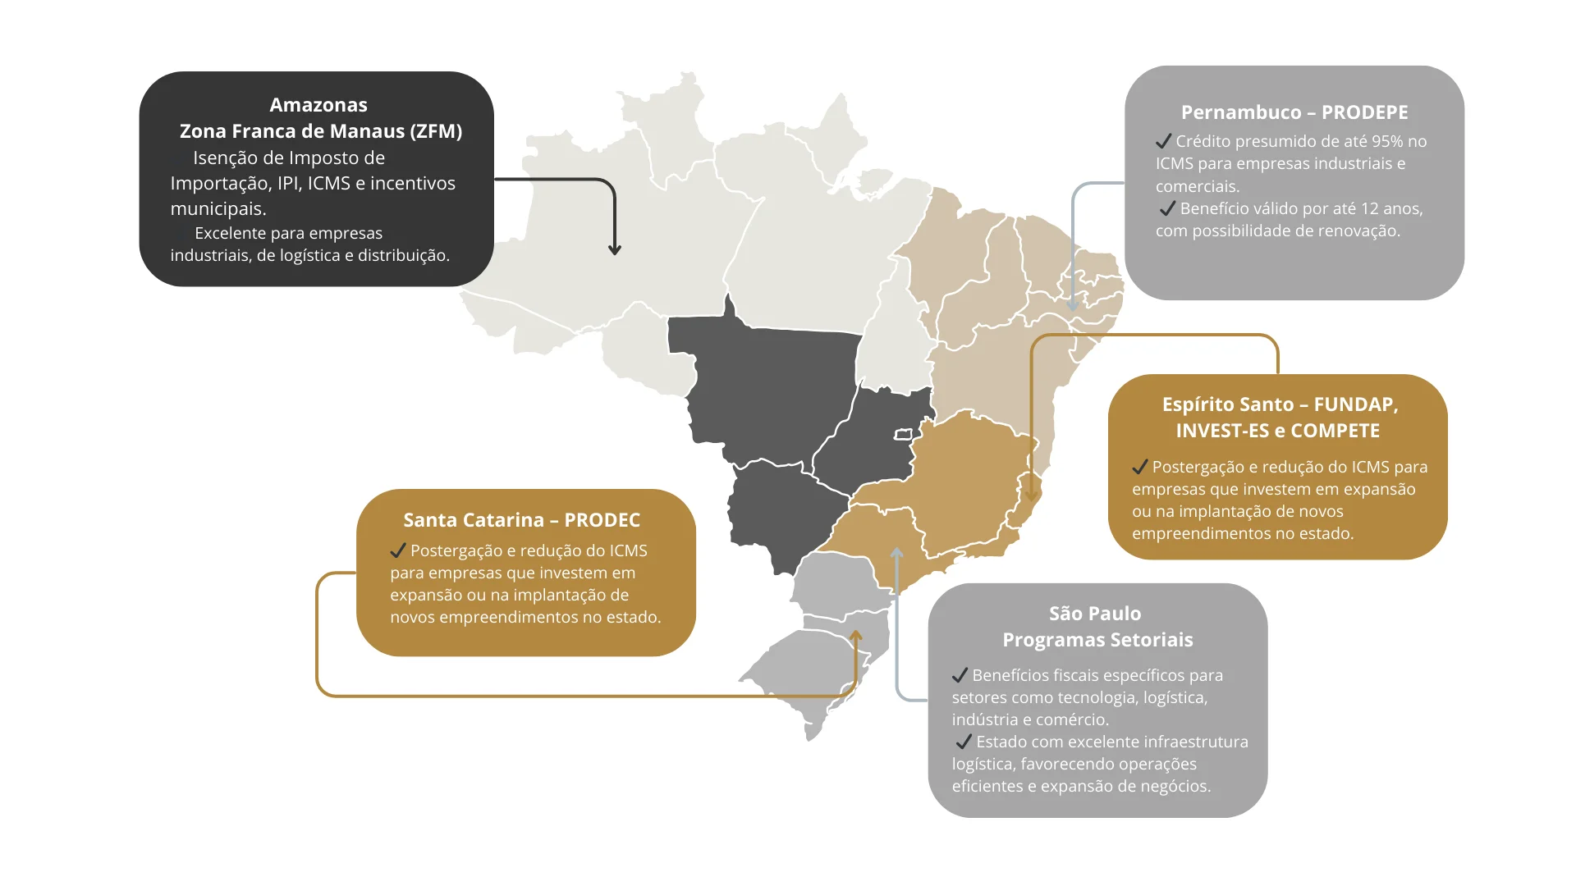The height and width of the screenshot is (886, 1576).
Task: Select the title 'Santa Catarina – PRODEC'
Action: click(x=521, y=520)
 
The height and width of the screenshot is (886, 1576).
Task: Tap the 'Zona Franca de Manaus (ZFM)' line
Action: click(x=320, y=131)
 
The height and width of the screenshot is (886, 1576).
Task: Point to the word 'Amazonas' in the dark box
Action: click(x=318, y=105)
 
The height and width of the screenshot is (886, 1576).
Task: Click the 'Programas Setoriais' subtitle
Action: click(x=1097, y=640)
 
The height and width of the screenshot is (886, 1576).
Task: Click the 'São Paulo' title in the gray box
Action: click(x=1094, y=614)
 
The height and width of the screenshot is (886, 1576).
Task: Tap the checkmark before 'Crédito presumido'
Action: click(x=1163, y=141)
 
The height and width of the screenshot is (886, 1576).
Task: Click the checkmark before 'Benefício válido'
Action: click(x=1167, y=208)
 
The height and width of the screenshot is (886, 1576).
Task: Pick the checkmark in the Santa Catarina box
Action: click(x=398, y=550)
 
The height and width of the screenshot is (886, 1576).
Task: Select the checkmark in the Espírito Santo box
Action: click(x=1139, y=467)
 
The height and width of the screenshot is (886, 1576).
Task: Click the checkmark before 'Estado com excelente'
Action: click(x=964, y=742)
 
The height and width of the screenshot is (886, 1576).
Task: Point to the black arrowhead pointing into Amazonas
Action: click(x=615, y=249)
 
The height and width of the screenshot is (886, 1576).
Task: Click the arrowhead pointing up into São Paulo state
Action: click(x=897, y=554)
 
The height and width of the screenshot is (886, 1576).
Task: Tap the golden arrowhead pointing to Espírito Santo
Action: click(x=1032, y=495)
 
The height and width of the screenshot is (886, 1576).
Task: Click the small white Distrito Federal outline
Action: click(x=904, y=434)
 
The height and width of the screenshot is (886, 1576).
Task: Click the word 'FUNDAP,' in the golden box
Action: click(x=1356, y=404)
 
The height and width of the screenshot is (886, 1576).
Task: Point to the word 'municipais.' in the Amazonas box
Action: click(x=218, y=209)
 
